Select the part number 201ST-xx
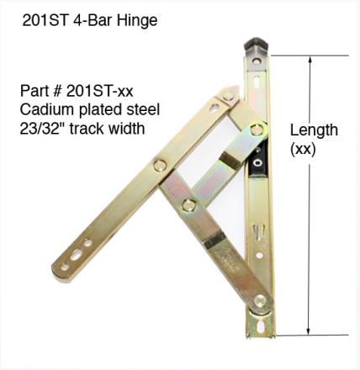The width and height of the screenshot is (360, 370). [99, 91]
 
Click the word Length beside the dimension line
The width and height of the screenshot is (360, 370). [314, 131]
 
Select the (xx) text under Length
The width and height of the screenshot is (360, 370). [303, 149]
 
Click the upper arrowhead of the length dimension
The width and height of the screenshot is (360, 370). [310, 61]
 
